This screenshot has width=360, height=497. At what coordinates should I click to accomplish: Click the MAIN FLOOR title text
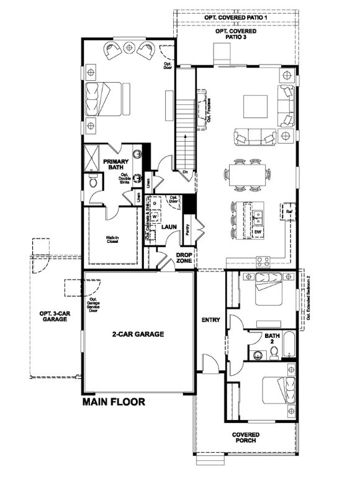(x=114, y=402)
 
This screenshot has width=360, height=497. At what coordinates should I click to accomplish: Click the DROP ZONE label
(x=183, y=258)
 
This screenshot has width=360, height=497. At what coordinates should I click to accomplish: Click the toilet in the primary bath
(x=92, y=182)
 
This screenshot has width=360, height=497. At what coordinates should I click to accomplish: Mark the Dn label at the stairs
(x=185, y=171)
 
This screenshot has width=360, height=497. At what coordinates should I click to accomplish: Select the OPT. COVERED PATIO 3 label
(x=235, y=34)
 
